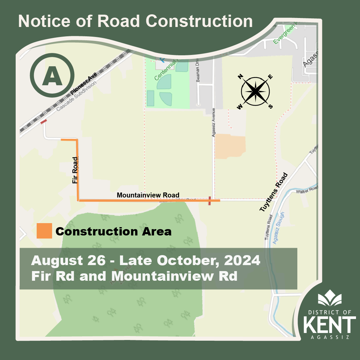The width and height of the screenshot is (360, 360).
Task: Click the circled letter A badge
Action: pos(52,75)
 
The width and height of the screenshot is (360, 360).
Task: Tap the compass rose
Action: pos(255,91)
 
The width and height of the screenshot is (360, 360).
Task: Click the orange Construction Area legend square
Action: pos(44,231)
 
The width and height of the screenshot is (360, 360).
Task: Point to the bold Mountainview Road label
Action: pos(148,195)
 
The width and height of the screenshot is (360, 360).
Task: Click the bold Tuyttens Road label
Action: pos(273,192)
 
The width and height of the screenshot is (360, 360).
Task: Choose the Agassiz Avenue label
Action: pos(214,122)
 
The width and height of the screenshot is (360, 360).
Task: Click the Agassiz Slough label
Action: pos(277,228)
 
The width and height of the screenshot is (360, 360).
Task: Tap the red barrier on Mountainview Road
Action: pos(209,201)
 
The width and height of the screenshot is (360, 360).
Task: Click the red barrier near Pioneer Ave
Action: pos(44,122)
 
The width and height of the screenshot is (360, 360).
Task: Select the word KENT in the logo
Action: pos(329,325)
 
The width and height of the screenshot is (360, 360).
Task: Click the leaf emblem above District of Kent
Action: pos(329,298)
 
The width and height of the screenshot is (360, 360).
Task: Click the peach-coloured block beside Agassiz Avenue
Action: pos(230,147)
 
